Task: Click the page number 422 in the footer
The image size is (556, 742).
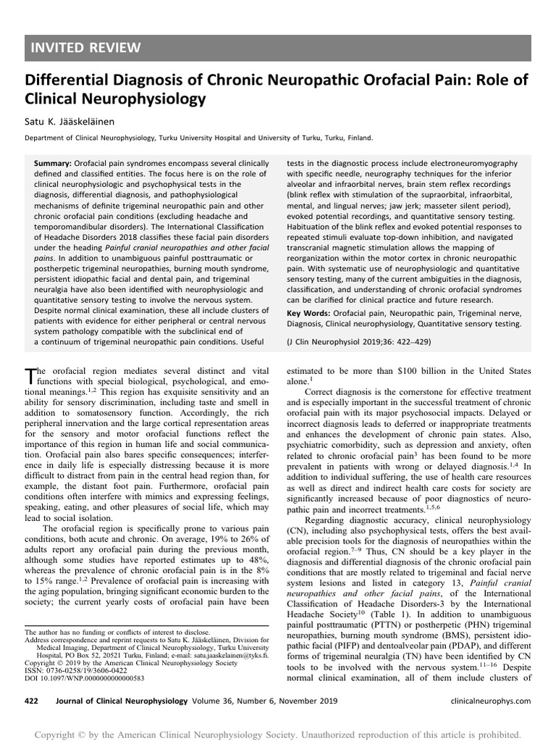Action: click(32, 701)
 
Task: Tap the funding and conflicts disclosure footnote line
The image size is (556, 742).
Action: click(109, 632)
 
